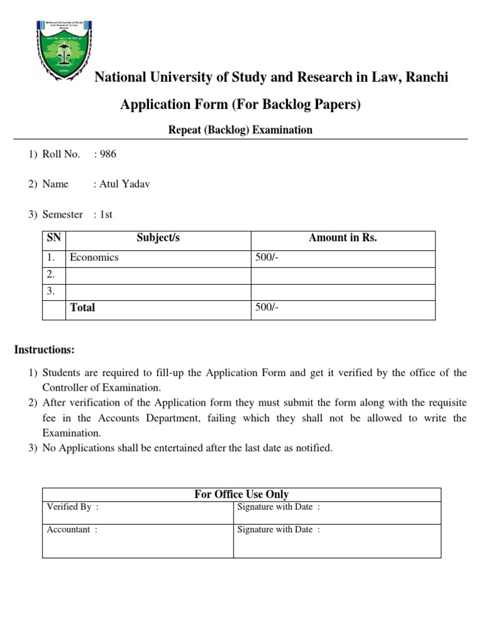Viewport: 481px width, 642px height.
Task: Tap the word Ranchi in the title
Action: click(428, 78)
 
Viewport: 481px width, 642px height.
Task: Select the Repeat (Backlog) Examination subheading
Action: click(240, 130)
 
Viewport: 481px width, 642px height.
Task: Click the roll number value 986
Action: click(107, 154)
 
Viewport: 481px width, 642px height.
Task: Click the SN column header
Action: click(54, 238)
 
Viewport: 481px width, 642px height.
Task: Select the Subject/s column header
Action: click(158, 238)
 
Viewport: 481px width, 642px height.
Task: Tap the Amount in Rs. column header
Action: click(343, 238)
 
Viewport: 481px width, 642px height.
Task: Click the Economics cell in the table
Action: click(94, 258)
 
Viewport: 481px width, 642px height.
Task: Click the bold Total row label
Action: click(83, 308)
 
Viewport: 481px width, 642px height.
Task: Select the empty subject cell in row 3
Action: click(158, 292)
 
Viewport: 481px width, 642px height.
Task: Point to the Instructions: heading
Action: click(44, 349)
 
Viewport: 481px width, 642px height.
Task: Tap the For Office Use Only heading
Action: click(241, 495)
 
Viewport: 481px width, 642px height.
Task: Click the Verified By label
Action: click(71, 507)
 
